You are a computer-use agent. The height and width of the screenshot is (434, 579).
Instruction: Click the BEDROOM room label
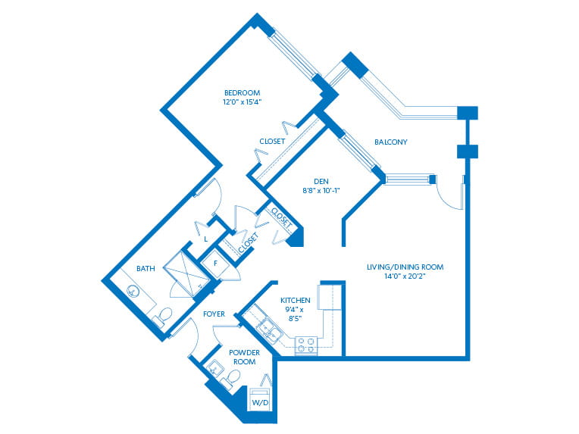click(243, 92)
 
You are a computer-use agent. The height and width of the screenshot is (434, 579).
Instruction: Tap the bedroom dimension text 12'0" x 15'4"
click(243, 101)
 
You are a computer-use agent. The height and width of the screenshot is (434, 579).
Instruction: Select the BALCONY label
click(391, 142)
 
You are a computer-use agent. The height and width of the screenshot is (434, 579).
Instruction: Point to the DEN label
click(321, 181)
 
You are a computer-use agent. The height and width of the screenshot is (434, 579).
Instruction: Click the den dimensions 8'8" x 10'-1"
click(321, 190)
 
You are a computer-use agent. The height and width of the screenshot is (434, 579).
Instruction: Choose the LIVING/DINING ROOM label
click(405, 267)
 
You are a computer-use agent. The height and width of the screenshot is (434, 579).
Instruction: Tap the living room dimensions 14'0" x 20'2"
click(405, 276)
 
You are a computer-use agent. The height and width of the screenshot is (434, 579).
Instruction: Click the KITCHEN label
click(296, 300)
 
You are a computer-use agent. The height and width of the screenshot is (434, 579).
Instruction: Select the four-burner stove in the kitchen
click(305, 346)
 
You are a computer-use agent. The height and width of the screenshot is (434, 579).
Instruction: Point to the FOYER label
click(214, 314)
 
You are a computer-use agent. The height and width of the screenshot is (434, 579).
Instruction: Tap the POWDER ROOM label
click(245, 358)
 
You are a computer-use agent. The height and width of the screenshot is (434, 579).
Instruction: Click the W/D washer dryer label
click(260, 403)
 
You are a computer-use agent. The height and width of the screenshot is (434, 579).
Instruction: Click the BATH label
click(146, 269)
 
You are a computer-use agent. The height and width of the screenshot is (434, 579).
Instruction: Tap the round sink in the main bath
click(133, 291)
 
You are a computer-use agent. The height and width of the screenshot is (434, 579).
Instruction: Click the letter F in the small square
click(216, 264)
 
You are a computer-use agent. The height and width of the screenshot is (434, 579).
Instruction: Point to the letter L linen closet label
click(205, 239)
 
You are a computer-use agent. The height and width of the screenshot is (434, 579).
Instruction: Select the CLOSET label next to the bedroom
click(272, 142)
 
